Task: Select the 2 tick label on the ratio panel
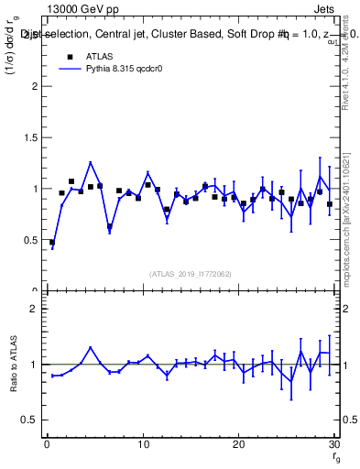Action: coord(34,309)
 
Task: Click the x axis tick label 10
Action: coord(143,446)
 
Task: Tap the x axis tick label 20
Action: coord(238,446)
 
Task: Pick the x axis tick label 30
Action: coord(333,446)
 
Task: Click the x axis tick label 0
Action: coord(47,446)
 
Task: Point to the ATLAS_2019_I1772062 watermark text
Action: coord(190,273)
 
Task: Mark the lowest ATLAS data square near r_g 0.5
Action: coord(52,242)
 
